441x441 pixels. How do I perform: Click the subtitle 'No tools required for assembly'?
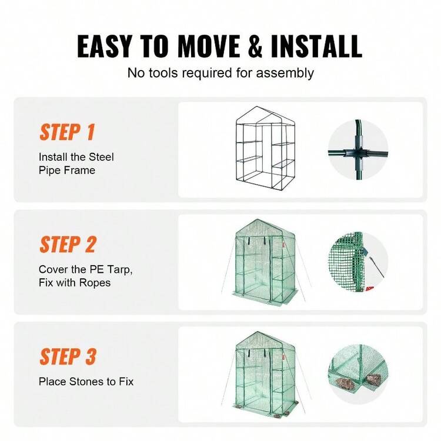[x=220, y=73]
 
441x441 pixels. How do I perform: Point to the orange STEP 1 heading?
[x=67, y=132]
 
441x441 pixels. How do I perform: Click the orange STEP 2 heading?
[x=67, y=244]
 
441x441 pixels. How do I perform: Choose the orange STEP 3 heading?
[x=67, y=356]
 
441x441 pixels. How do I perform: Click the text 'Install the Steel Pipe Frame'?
[x=76, y=163]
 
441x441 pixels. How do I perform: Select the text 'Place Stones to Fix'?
[x=86, y=382]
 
